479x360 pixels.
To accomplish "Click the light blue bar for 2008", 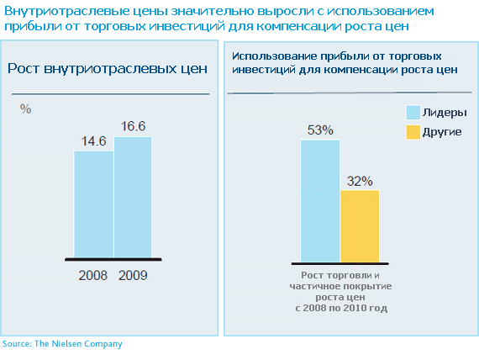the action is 94,204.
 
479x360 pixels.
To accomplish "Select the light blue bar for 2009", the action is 133,198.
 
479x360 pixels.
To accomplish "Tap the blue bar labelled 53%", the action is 320,201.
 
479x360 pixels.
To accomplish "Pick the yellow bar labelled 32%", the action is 360,226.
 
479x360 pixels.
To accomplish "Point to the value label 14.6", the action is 93,141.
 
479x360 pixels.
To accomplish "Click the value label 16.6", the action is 133,126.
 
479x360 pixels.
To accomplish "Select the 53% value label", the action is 320,130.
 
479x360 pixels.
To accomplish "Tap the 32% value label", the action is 360,182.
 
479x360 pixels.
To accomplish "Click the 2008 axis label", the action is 93,276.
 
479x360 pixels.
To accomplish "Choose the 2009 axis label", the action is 133,276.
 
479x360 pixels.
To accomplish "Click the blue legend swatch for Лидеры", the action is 413,113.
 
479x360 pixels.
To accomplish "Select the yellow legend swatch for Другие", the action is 413,132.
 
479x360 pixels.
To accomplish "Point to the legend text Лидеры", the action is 445,113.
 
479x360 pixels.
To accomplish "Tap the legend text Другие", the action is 442,132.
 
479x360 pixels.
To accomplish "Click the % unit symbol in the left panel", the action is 26,109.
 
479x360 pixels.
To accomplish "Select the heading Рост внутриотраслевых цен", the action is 108,68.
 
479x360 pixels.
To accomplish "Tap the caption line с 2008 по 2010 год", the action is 341,308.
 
